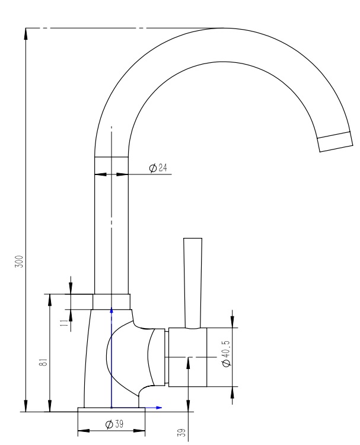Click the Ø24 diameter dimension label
158,169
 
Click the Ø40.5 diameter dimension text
227,354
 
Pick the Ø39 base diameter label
114,424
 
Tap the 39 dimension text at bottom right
183,433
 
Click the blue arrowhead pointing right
159,408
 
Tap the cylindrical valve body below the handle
187,357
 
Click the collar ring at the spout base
111,301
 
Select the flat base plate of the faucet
111,409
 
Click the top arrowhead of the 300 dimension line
26,32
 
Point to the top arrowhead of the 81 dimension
50,298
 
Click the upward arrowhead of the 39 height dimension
188,361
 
